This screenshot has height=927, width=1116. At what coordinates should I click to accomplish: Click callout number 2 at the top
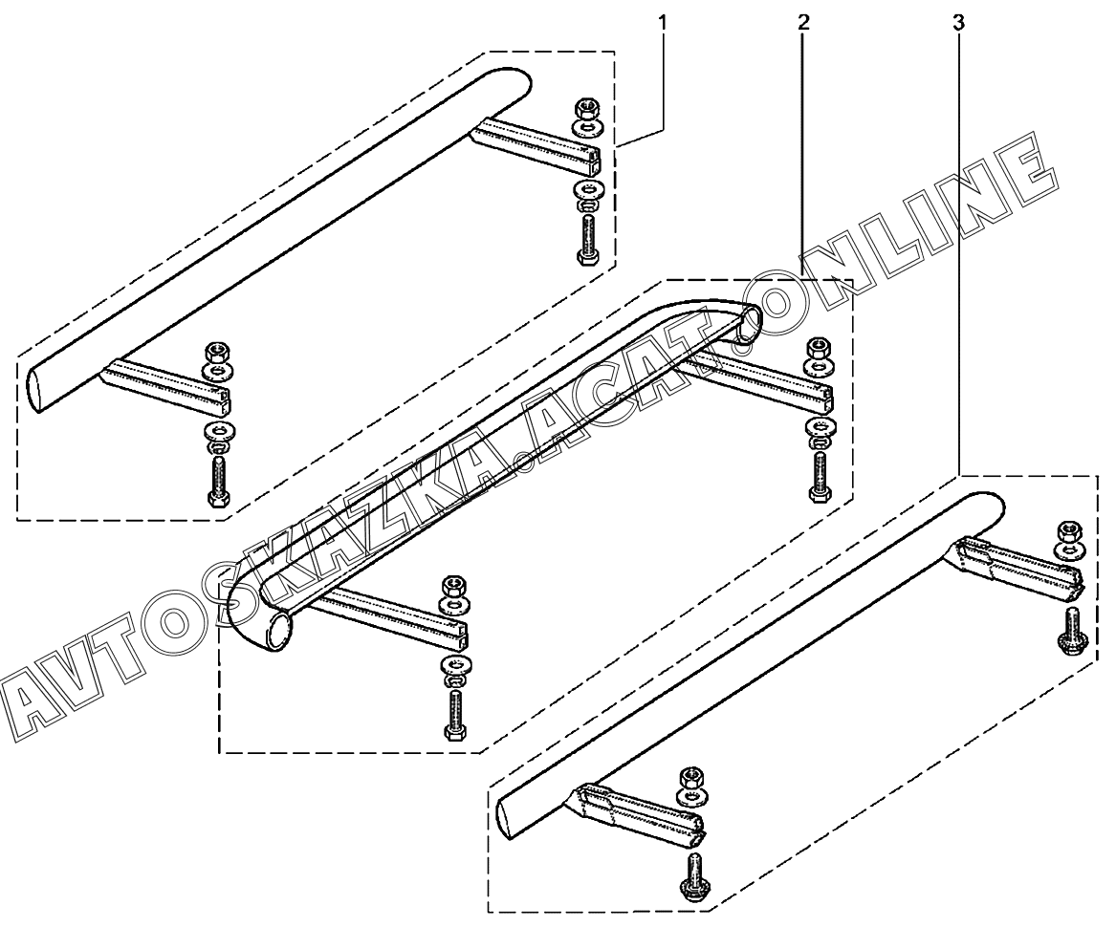[802, 19]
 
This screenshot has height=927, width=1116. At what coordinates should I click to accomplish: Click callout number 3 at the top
[959, 19]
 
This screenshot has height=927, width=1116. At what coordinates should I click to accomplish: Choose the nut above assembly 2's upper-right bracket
[819, 347]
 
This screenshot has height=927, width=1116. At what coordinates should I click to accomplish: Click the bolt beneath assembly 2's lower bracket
[453, 712]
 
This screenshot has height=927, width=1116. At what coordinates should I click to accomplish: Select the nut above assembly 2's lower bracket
[450, 587]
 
